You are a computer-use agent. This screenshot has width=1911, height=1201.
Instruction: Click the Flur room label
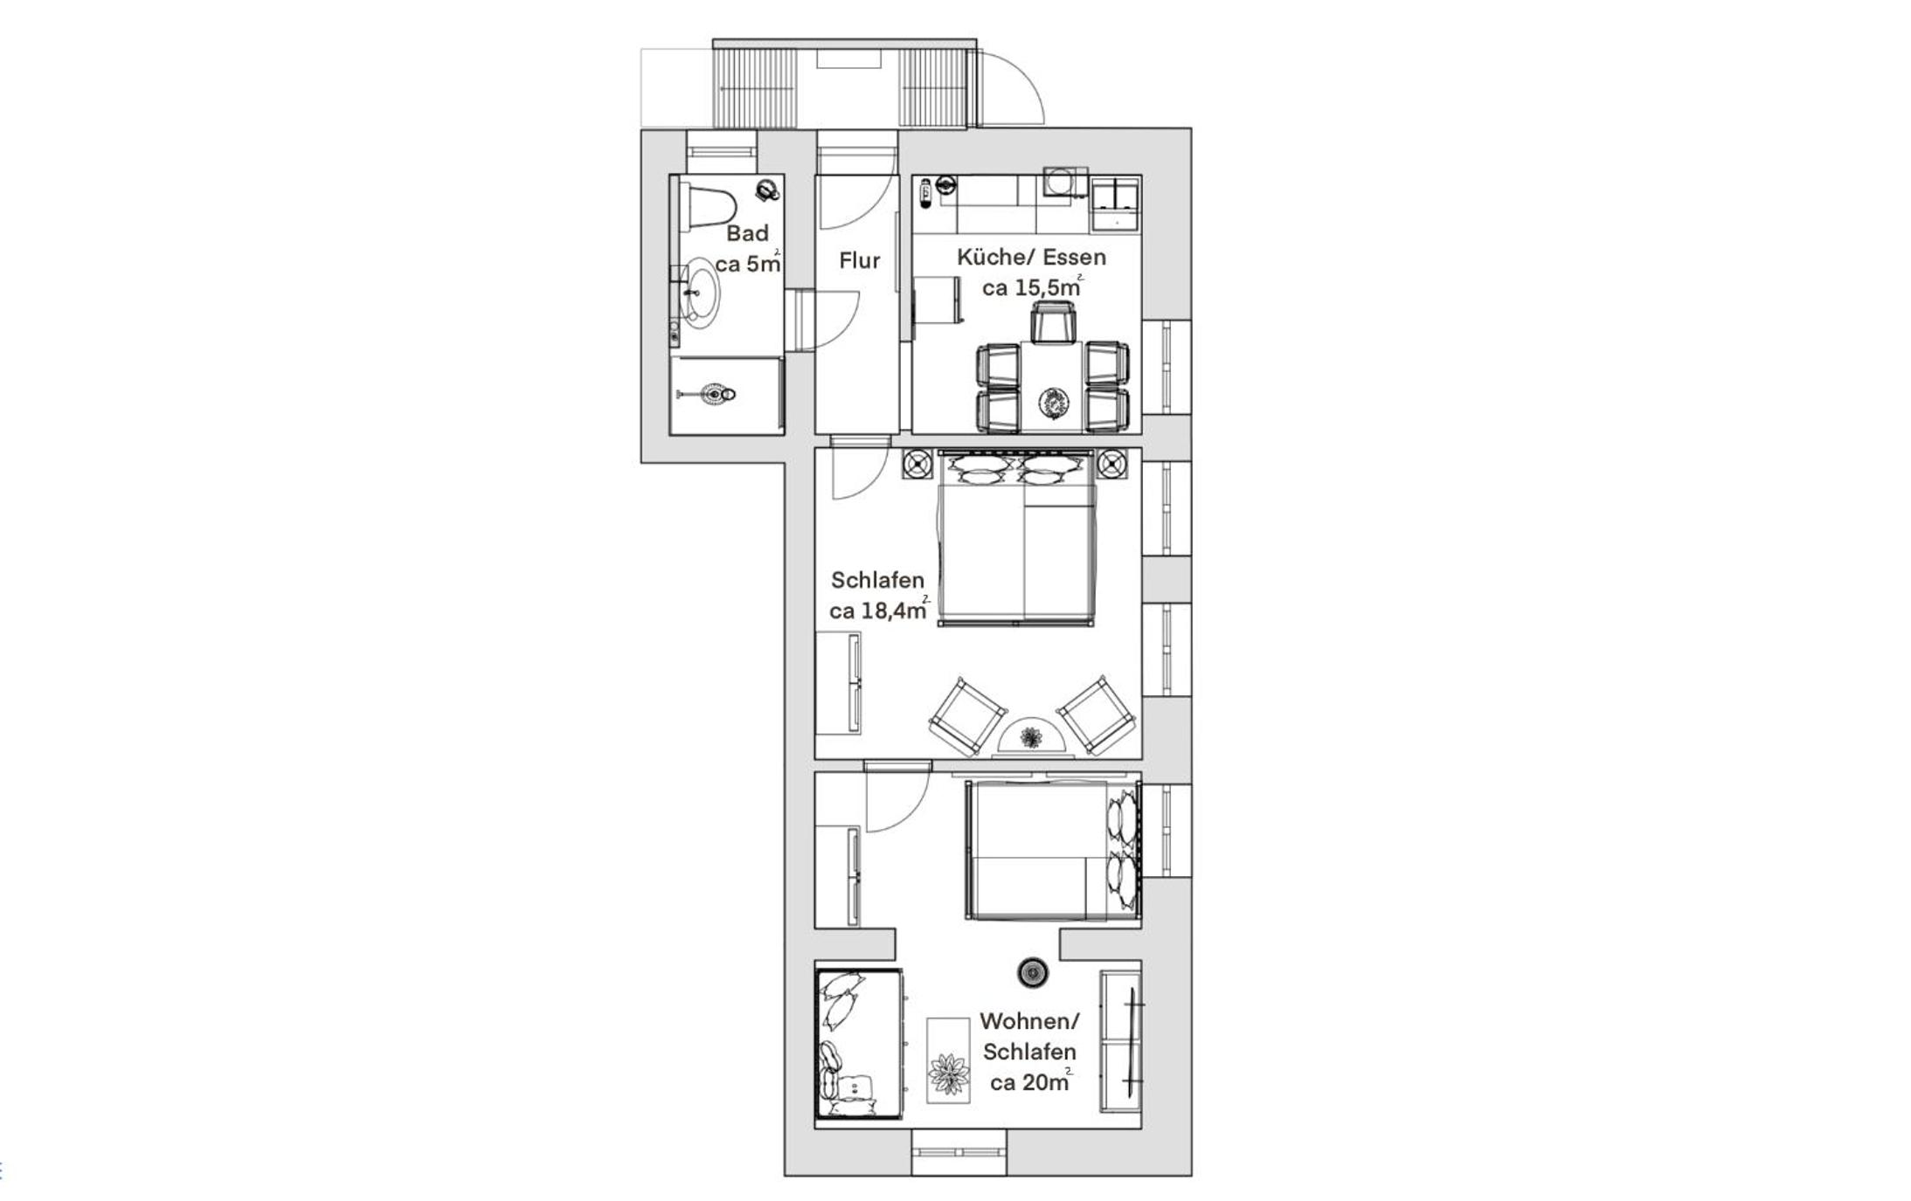[859, 260]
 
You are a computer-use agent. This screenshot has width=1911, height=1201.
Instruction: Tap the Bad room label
[747, 233]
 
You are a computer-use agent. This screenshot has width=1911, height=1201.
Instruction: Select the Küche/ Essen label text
[1031, 257]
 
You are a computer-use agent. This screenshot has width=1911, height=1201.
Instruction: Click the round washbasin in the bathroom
[699, 292]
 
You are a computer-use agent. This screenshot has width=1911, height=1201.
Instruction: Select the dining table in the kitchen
[1052, 386]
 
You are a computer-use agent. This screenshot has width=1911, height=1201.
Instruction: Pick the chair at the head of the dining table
[1052, 321]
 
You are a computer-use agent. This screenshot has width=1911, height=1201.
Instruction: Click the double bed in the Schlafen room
[1016, 538]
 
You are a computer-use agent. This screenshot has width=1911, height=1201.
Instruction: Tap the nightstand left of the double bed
[917, 464]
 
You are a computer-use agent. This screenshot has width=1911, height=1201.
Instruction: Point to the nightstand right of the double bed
[1112, 464]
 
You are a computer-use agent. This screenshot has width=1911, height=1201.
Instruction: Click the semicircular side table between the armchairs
[1032, 735]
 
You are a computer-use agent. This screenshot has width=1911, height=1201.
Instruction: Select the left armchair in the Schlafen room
[967, 716]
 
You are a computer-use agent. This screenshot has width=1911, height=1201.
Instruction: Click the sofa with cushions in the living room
[860, 1043]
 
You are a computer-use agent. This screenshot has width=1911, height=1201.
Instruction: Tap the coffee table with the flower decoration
[948, 1060]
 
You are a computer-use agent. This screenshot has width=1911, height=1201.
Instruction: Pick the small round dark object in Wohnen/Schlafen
[1033, 972]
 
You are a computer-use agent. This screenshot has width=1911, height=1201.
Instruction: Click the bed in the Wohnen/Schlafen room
[1053, 850]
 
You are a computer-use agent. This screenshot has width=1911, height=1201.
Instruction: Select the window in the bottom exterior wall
[959, 1151]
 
